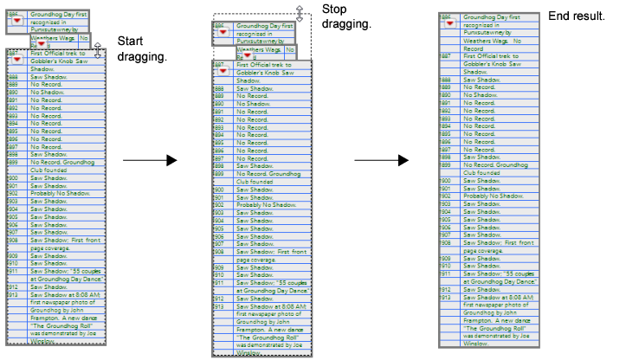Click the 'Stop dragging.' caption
346,16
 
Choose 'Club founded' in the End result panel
483,172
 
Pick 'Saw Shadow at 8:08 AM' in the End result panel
497,298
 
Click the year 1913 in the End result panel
444,298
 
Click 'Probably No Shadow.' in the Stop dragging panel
264,204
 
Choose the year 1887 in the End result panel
444,55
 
